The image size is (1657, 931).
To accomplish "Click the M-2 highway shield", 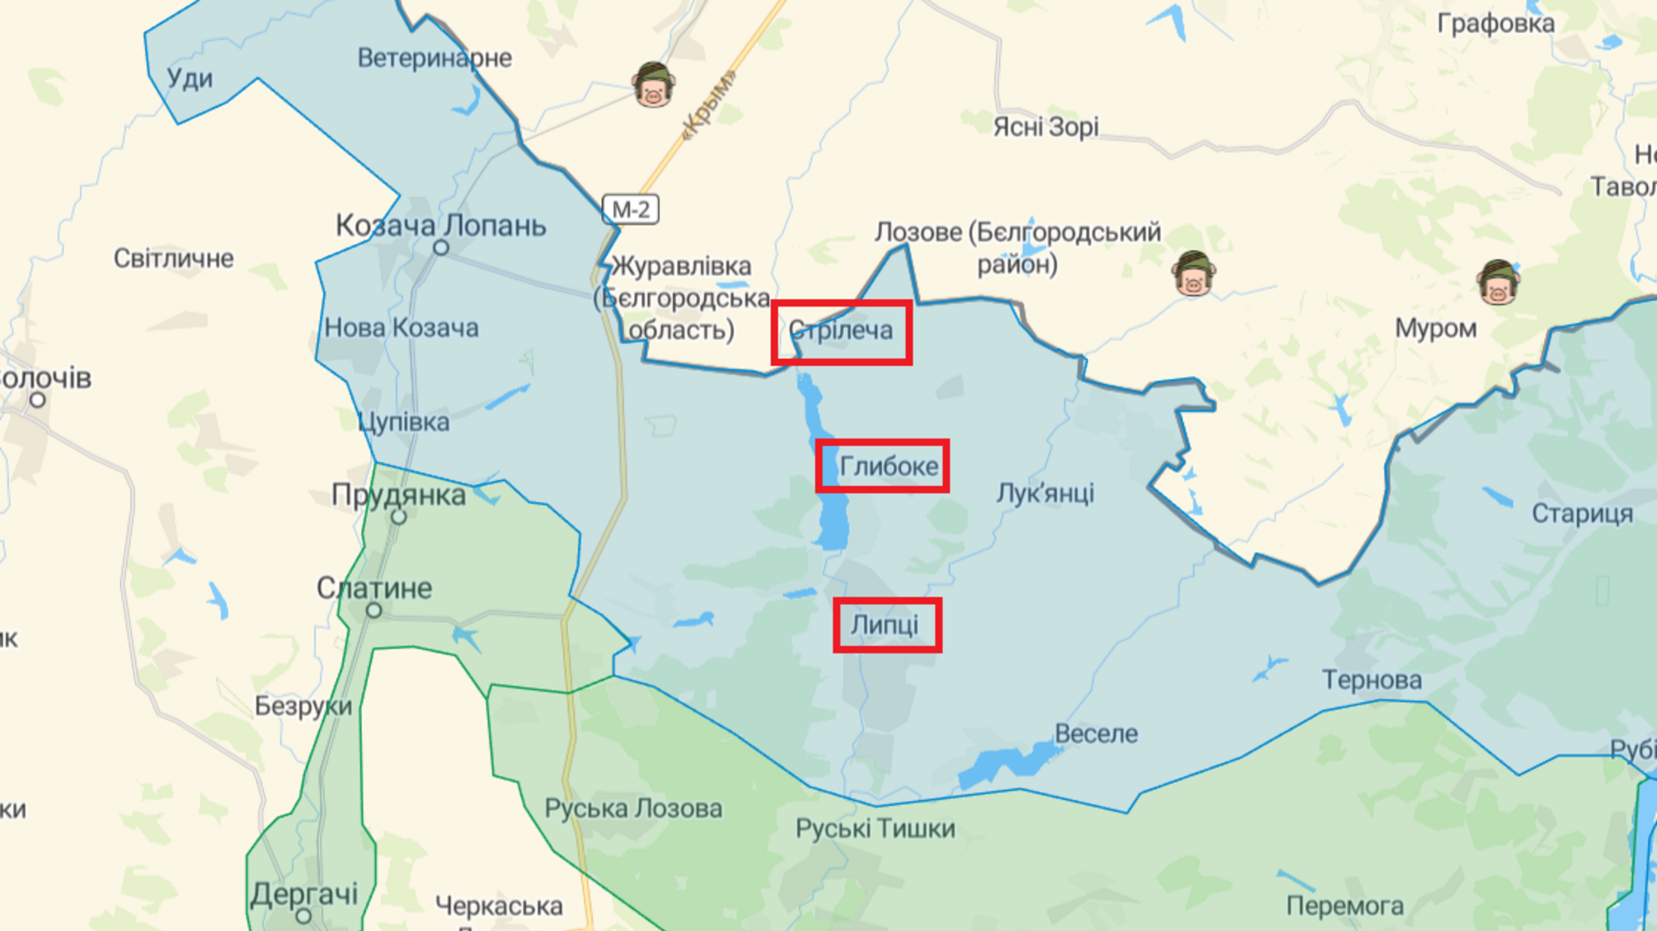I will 631,209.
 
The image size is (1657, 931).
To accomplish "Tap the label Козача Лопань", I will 440,225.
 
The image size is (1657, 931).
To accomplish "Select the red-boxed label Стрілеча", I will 841,331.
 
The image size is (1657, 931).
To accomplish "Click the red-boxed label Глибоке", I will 882,466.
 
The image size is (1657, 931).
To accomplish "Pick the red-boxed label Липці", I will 886,625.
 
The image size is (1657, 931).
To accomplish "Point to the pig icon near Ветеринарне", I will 653,84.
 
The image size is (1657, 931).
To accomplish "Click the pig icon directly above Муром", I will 1497,283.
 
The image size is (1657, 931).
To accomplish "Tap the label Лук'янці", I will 1044,493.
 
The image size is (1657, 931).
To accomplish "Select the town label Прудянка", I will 398,495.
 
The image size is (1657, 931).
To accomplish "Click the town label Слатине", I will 374,588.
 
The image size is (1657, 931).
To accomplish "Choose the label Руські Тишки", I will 875,828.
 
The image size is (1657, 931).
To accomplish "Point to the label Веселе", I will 1096,733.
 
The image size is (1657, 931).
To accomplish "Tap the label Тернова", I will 1372,680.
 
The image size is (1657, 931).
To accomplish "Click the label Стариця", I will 1581,513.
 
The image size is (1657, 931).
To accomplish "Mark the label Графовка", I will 1495,23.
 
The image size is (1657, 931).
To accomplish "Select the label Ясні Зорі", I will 1045,127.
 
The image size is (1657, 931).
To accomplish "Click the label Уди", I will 190,78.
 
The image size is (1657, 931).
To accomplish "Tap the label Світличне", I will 173,258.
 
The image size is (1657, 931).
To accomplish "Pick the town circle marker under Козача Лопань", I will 441,247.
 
